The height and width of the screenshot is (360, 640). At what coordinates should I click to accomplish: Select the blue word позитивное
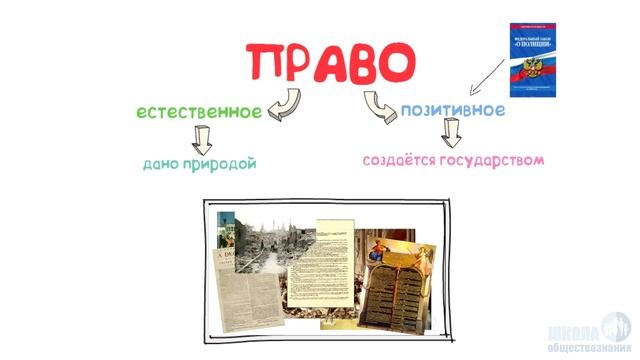click(452, 109)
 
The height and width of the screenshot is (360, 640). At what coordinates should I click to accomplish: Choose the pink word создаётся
click(398, 160)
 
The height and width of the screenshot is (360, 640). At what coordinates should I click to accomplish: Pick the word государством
click(490, 160)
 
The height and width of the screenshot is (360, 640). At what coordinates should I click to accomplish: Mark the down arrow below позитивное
click(453, 131)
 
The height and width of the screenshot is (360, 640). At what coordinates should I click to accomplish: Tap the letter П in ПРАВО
click(263, 63)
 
